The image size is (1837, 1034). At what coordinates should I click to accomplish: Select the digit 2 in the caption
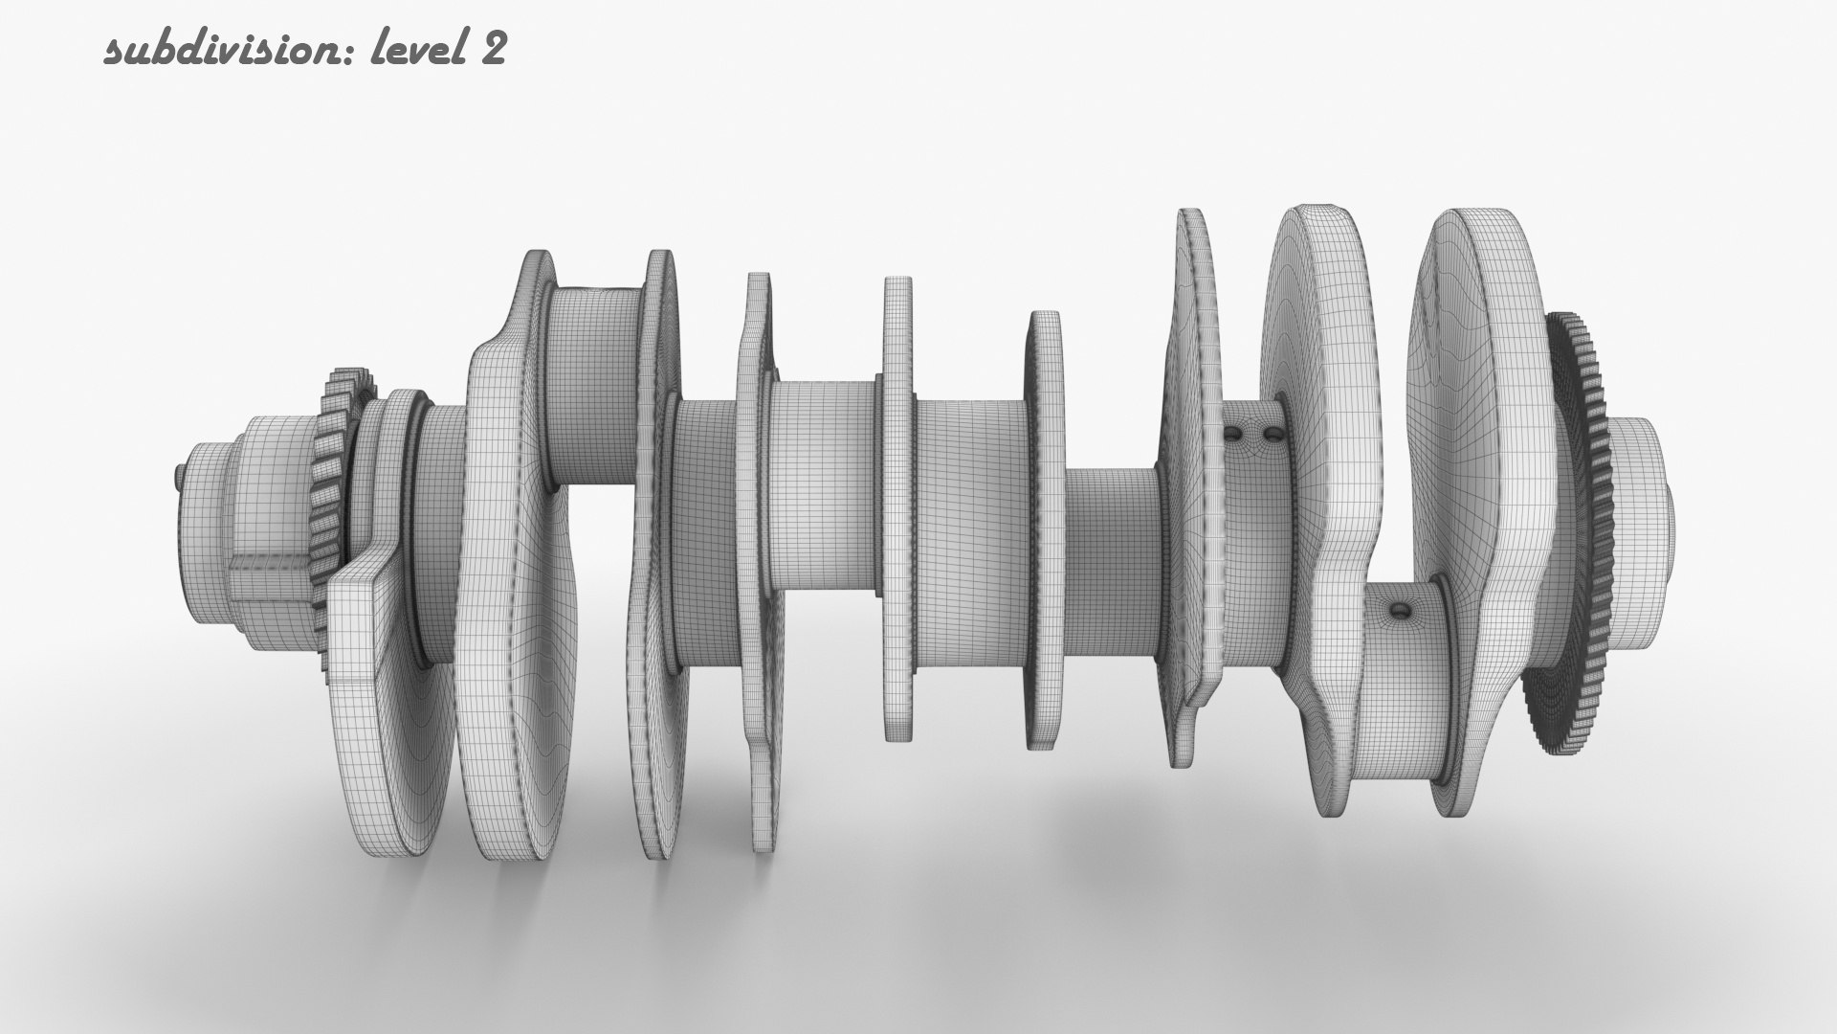click(492, 50)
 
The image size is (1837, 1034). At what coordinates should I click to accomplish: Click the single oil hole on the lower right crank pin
click(1401, 609)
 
